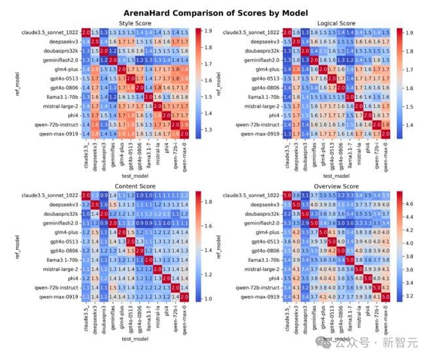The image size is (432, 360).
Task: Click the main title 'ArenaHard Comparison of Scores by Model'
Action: click(215, 12)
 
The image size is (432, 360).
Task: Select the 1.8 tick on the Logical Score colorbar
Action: click(408, 48)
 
